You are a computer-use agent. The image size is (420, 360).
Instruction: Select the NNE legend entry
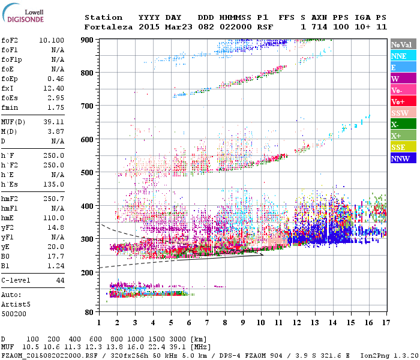tap(399, 56)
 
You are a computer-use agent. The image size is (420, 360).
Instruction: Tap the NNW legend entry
tap(400, 159)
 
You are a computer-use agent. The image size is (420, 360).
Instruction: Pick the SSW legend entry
tap(400, 113)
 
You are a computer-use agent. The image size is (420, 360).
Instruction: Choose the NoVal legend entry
tap(400, 44)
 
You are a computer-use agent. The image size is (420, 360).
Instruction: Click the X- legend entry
tap(396, 125)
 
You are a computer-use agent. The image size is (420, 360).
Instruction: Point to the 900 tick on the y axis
tap(88, 40)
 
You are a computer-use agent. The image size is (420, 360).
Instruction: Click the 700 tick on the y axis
tap(88, 106)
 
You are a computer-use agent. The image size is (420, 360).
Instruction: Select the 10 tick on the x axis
tap(260, 323)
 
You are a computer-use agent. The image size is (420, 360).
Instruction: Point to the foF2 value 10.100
tap(52, 40)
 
